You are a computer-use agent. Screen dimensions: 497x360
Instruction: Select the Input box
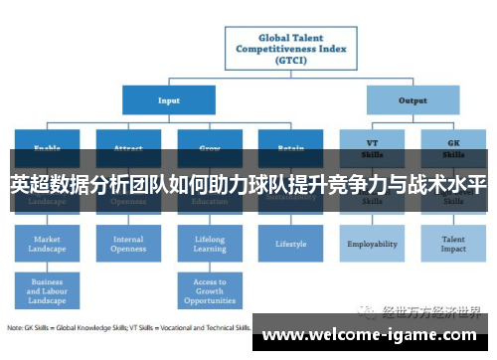[x=169, y=99]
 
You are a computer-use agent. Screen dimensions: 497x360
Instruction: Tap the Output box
[x=413, y=99]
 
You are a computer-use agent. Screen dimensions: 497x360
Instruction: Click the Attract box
[x=128, y=143]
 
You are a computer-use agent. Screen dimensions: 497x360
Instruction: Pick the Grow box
[x=209, y=143]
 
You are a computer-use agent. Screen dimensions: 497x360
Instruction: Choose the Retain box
[x=290, y=143]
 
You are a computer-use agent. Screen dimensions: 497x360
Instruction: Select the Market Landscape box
[x=47, y=244]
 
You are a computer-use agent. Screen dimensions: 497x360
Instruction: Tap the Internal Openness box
[x=128, y=244]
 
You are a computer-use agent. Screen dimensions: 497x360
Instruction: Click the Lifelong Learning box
[x=209, y=244]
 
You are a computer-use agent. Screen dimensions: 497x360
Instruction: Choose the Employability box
[x=372, y=244]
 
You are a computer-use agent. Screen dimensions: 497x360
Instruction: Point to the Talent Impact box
[x=453, y=244]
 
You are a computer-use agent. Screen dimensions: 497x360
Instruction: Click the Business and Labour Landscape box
[x=47, y=290]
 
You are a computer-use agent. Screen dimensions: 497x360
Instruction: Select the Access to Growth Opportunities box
[x=209, y=290]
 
